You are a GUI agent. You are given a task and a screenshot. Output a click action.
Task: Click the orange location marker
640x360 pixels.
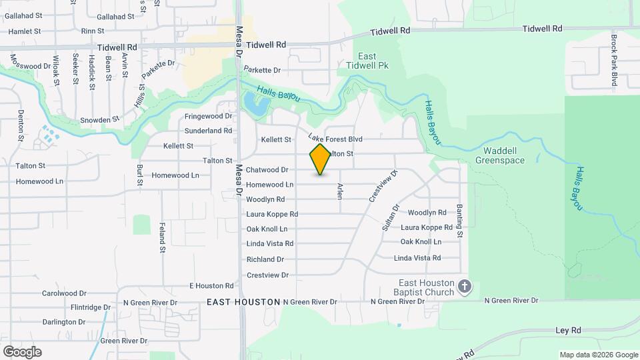(320, 159)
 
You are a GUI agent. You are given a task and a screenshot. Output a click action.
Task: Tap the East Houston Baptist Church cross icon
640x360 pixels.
(465, 287)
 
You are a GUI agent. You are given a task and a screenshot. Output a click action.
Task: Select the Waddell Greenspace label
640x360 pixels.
(500, 155)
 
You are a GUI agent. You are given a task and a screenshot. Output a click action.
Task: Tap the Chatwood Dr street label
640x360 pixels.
(267, 170)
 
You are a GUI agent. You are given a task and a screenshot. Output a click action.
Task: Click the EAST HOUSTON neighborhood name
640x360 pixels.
(243, 302)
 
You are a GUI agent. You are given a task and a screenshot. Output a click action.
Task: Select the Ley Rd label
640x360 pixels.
(568, 330)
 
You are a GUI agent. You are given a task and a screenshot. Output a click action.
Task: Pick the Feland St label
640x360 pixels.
(162, 239)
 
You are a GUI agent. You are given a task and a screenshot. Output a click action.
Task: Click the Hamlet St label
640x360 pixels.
(25, 31)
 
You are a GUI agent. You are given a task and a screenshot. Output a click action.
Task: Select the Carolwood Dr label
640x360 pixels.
(65, 293)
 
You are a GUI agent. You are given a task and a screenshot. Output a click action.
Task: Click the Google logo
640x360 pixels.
(22, 352)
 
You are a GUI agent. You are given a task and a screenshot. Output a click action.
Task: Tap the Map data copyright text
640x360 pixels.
(599, 355)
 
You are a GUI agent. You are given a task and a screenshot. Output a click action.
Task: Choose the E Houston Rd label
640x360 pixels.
(211, 286)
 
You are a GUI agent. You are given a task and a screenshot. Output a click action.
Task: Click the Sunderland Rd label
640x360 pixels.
(208, 131)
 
